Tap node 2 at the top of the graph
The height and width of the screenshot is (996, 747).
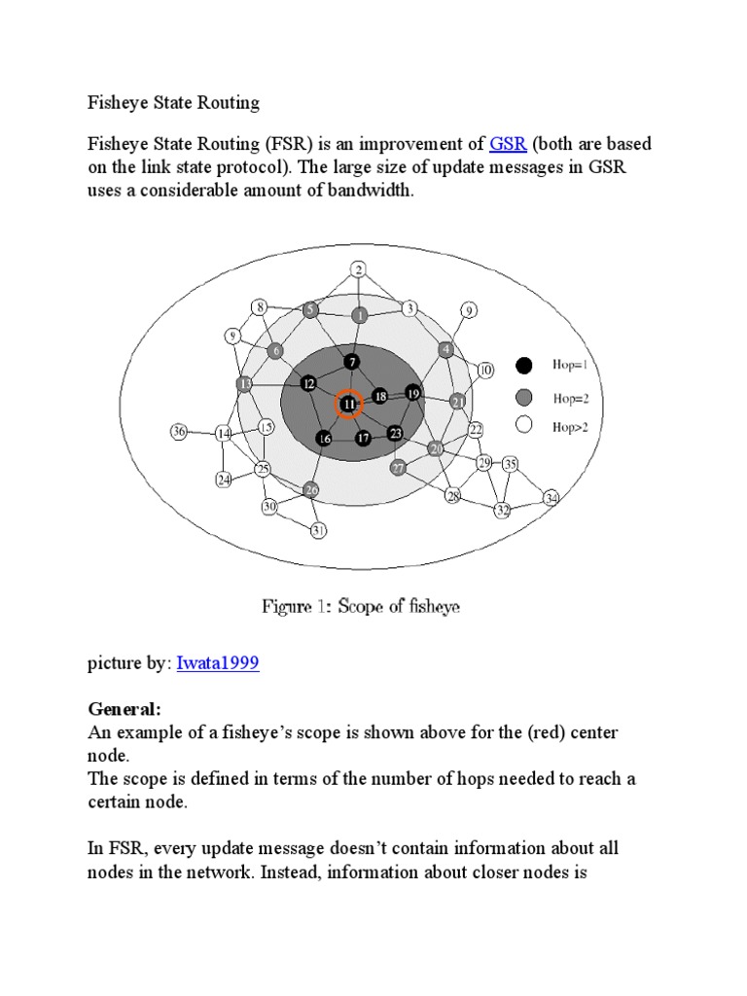pos(359,269)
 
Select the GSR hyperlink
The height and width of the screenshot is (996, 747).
pos(508,145)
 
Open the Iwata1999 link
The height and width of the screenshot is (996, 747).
pos(218,663)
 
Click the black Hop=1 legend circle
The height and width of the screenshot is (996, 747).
pos(524,366)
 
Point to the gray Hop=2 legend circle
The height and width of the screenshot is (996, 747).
pos(524,397)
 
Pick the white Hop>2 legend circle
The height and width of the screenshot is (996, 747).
pos(524,424)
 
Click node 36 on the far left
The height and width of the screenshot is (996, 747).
pos(178,431)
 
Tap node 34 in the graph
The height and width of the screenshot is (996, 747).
pos(551,498)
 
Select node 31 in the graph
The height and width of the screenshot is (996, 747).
pos(318,530)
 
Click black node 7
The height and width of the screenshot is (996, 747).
pos(352,362)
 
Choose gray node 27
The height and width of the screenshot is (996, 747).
pos(398,468)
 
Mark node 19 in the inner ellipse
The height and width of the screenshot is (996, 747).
pos(412,393)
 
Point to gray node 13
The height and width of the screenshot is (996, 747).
pos(244,383)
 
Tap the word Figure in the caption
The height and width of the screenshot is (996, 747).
pos(287,607)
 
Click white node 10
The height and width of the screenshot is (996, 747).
pos(485,370)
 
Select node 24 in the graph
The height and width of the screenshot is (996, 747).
pos(224,479)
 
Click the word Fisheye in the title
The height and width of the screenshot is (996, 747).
pos(118,102)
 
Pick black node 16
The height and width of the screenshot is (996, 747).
pos(325,440)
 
